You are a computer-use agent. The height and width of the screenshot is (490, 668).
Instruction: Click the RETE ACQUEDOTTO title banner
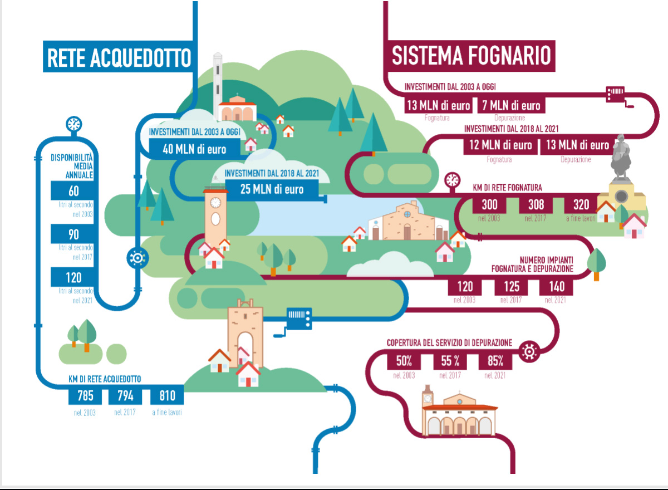pyautogui.click(x=118, y=56)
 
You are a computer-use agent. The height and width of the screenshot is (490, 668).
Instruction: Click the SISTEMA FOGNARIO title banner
pyautogui.click(x=469, y=56)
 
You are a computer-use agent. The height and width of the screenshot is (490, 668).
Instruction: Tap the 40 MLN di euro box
pyautogui.click(x=194, y=149)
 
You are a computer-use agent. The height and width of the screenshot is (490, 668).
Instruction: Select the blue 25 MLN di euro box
pyautogui.click(x=272, y=189)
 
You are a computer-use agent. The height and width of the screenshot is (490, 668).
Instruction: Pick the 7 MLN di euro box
pyautogui.click(x=511, y=105)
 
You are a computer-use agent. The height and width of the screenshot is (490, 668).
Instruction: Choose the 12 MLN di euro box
pyautogui.click(x=500, y=145)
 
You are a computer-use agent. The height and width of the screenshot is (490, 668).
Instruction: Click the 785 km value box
pyautogui.click(x=85, y=396)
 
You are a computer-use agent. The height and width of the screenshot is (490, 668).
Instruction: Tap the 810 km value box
pyautogui.click(x=167, y=396)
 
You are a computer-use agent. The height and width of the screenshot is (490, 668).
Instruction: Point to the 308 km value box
pyautogui.click(x=536, y=204)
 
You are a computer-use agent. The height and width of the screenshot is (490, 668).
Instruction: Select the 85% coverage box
pyautogui.click(x=495, y=361)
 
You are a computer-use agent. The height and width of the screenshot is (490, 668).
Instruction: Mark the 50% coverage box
pyautogui.click(x=404, y=361)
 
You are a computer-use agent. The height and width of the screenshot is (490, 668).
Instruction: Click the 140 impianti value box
pyautogui.click(x=556, y=287)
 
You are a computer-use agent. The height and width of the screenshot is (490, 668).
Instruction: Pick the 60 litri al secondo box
pyautogui.click(x=72, y=190)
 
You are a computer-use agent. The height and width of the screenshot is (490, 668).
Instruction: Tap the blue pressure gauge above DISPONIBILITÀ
pyautogui.click(x=74, y=124)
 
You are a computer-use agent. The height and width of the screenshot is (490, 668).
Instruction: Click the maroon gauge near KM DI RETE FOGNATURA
pyautogui.click(x=453, y=180)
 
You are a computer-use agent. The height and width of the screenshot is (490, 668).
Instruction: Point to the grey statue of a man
pyautogui.click(x=621, y=158)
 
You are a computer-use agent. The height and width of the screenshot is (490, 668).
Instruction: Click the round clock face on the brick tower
pyautogui.click(x=215, y=203)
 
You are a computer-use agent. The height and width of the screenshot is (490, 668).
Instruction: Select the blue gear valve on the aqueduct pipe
pyautogui.click(x=137, y=258)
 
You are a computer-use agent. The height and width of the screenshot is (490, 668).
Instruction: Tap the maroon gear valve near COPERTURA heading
pyautogui.click(x=529, y=351)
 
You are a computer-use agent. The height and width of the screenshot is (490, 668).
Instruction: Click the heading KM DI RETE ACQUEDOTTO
pyautogui.click(x=105, y=379)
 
